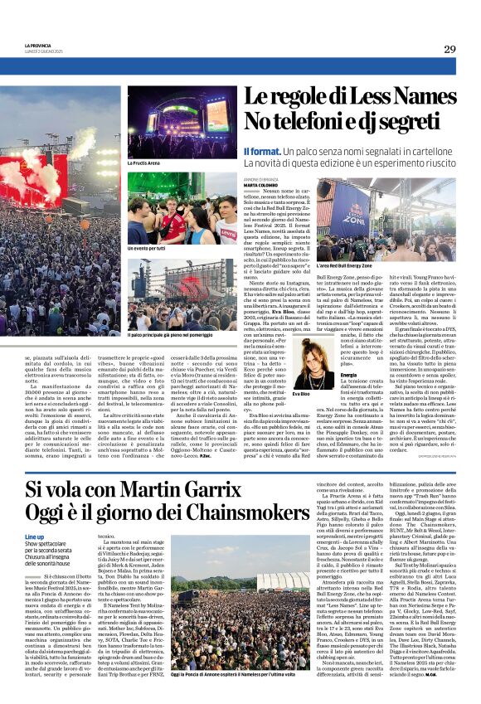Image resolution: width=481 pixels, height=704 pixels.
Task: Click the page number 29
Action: (462, 49)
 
